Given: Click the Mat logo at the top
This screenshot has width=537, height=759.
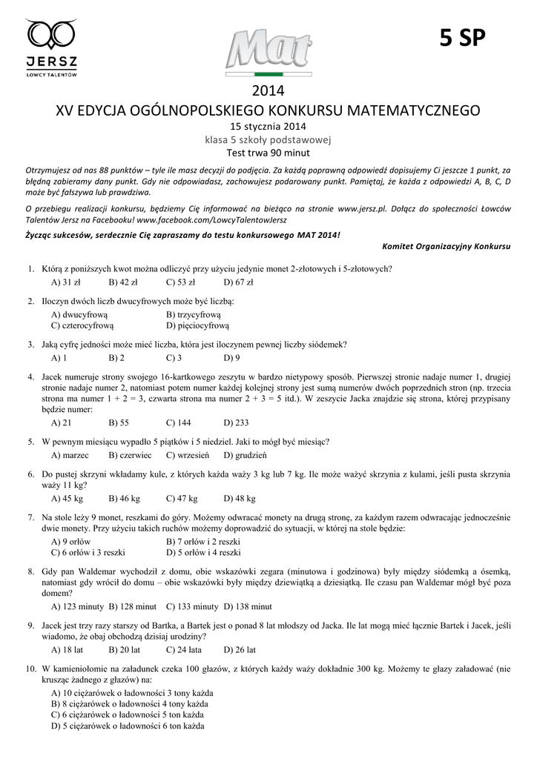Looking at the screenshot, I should [x=268, y=52].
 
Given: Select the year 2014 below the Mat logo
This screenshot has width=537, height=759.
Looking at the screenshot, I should [x=268, y=92].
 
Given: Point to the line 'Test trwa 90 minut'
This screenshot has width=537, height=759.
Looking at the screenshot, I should [x=268, y=153].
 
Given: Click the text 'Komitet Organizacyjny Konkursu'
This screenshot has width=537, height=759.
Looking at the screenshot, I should [x=447, y=245].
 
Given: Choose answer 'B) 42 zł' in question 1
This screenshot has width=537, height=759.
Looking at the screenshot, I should [x=123, y=282].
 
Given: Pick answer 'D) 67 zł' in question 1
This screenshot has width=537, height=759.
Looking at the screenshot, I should [x=239, y=282].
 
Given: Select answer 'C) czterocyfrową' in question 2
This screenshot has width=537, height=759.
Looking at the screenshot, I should [x=82, y=325].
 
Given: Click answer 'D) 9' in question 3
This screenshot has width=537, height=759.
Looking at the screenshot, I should [x=231, y=357].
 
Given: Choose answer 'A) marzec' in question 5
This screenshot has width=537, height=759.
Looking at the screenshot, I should [x=70, y=454].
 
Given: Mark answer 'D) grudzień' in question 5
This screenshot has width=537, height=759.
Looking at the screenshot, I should [x=245, y=454].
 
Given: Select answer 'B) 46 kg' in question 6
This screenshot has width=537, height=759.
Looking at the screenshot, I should [x=124, y=498].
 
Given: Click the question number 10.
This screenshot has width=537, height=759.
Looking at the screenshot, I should [x=32, y=669].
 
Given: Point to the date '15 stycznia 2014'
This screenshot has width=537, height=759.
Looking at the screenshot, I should [x=268, y=126].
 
